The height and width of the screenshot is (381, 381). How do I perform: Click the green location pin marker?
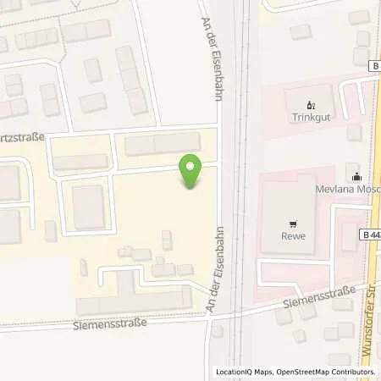coord(190,173)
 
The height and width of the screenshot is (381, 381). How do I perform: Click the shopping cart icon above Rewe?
coord(293,224)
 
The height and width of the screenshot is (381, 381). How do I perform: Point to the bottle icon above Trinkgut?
coord(309,106)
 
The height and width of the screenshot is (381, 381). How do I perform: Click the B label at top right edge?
coord(373,64)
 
